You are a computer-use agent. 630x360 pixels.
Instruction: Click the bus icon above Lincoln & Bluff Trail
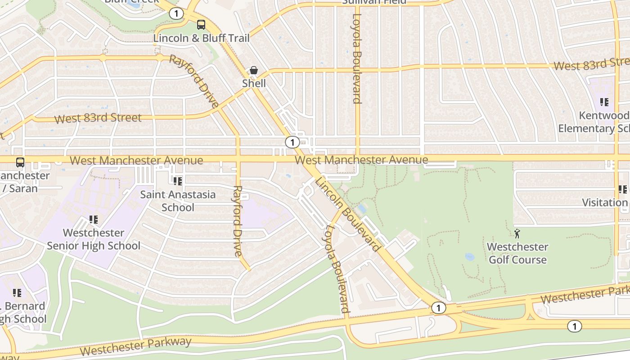(x=201, y=25)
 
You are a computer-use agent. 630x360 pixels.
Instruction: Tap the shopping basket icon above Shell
(x=254, y=71)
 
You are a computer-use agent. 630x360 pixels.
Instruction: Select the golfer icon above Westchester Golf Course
(x=517, y=234)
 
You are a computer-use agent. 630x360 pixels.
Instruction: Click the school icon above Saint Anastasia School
(x=177, y=181)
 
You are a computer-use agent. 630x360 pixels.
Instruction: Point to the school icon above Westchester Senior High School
(x=93, y=220)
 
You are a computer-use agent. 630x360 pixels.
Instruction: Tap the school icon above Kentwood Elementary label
(x=604, y=102)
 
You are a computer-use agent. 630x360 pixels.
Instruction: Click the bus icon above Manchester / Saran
(x=20, y=162)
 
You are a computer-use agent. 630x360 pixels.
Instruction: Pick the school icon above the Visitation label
(x=622, y=189)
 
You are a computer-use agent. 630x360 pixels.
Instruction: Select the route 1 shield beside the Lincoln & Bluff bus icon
(x=176, y=14)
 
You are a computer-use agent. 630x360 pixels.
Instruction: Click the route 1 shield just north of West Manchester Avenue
(x=292, y=143)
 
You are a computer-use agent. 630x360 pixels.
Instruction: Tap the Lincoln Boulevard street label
(x=348, y=214)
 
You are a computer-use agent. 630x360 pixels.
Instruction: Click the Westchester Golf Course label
(x=517, y=253)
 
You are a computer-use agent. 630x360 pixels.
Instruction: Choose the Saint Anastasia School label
(x=178, y=201)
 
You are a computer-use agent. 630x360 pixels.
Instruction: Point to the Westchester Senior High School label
(x=94, y=239)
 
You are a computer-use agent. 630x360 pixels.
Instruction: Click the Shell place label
(x=254, y=83)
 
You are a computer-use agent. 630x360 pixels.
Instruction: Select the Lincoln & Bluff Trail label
(x=201, y=38)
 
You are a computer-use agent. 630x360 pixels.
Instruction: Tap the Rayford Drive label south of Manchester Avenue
(x=238, y=221)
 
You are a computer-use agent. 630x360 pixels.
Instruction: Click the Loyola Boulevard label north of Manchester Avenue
(x=357, y=58)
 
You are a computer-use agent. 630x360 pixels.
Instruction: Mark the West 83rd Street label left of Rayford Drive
(x=98, y=118)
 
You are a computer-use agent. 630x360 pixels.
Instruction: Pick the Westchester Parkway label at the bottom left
(x=136, y=346)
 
